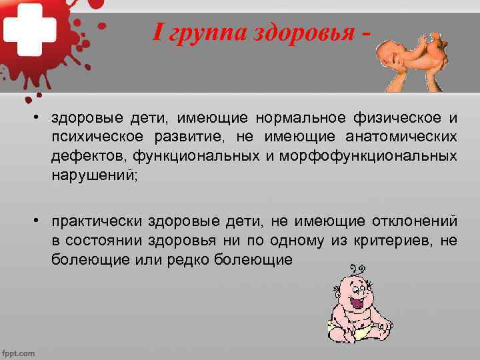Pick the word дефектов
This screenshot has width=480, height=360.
coord(89,157)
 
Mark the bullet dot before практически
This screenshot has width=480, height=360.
coord(41,221)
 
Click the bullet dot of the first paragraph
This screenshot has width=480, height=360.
coord(41,118)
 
